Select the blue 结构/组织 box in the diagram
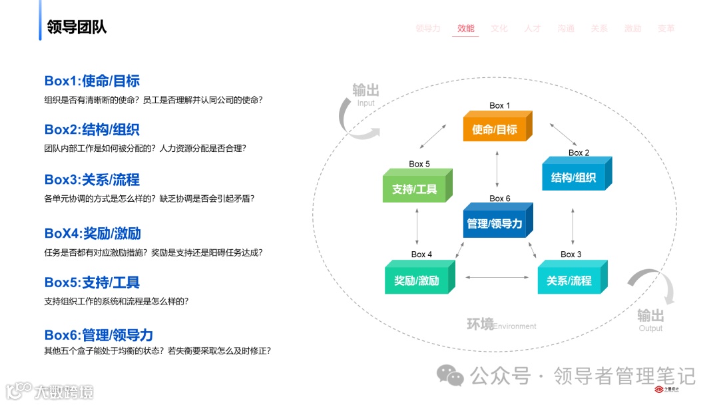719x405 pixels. [x=573, y=178]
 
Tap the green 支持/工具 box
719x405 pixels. [x=414, y=189]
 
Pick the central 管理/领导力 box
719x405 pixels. [x=495, y=224]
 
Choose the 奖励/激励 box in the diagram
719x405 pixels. [x=417, y=280]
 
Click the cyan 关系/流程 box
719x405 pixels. [x=569, y=280]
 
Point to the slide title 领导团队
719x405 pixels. [x=77, y=27]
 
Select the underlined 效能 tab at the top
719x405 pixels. [x=466, y=29]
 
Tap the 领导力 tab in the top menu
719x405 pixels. [x=428, y=29]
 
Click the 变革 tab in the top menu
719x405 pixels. [x=666, y=29]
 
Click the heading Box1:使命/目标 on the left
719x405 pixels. [x=92, y=81]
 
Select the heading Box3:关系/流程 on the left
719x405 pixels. [x=92, y=180]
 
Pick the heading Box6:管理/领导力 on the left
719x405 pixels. [x=99, y=335]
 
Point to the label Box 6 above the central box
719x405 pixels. [x=500, y=199]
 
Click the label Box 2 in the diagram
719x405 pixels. [x=579, y=153]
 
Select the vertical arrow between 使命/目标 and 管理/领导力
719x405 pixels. [x=497, y=170]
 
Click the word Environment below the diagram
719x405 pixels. [x=515, y=326]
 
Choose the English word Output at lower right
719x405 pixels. [x=650, y=328]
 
